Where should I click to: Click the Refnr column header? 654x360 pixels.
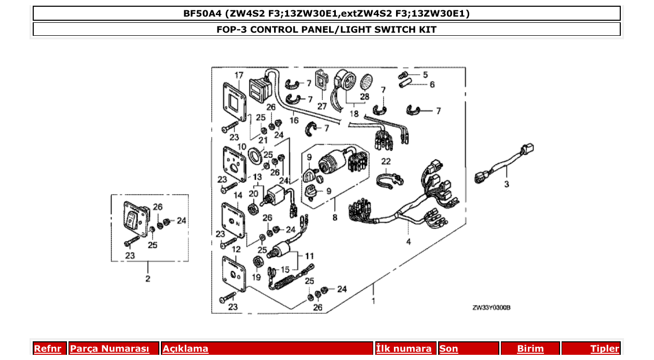coord(47,349)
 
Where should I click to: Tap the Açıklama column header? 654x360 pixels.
coord(185,349)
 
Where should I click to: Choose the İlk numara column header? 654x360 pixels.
coord(404,349)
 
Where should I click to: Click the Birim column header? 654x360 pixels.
coord(530,349)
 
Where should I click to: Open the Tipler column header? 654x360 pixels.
coord(604,349)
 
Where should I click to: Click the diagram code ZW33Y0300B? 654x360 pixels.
coord(491,308)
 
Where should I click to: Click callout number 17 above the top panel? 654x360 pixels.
coord(238,76)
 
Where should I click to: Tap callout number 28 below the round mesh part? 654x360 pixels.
coord(364,96)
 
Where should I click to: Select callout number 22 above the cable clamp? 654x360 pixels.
coord(386,161)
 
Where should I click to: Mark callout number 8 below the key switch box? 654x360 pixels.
coord(335,218)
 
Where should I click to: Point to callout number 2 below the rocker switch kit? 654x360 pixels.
coord(148,279)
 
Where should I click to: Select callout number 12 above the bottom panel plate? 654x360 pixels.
coord(236,250)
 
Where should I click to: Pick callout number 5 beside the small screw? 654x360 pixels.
coord(425,75)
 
